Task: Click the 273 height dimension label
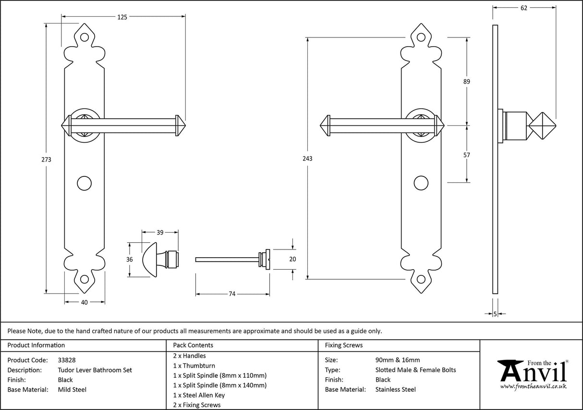click(x=47, y=159)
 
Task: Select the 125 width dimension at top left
click(x=122, y=17)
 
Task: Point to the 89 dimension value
click(x=466, y=82)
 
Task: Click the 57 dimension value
click(x=466, y=155)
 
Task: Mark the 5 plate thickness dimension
click(x=495, y=314)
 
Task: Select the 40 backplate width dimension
click(x=85, y=302)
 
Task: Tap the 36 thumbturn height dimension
click(x=129, y=259)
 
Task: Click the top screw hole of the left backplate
click(x=85, y=37)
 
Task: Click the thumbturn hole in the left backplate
click(x=85, y=183)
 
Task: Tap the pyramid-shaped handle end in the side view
click(x=542, y=125)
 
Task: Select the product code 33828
click(x=66, y=360)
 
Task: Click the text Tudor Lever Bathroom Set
click(x=95, y=370)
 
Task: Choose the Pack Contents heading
click(x=193, y=345)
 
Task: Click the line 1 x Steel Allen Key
click(x=199, y=395)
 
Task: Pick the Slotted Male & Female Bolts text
click(x=415, y=370)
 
